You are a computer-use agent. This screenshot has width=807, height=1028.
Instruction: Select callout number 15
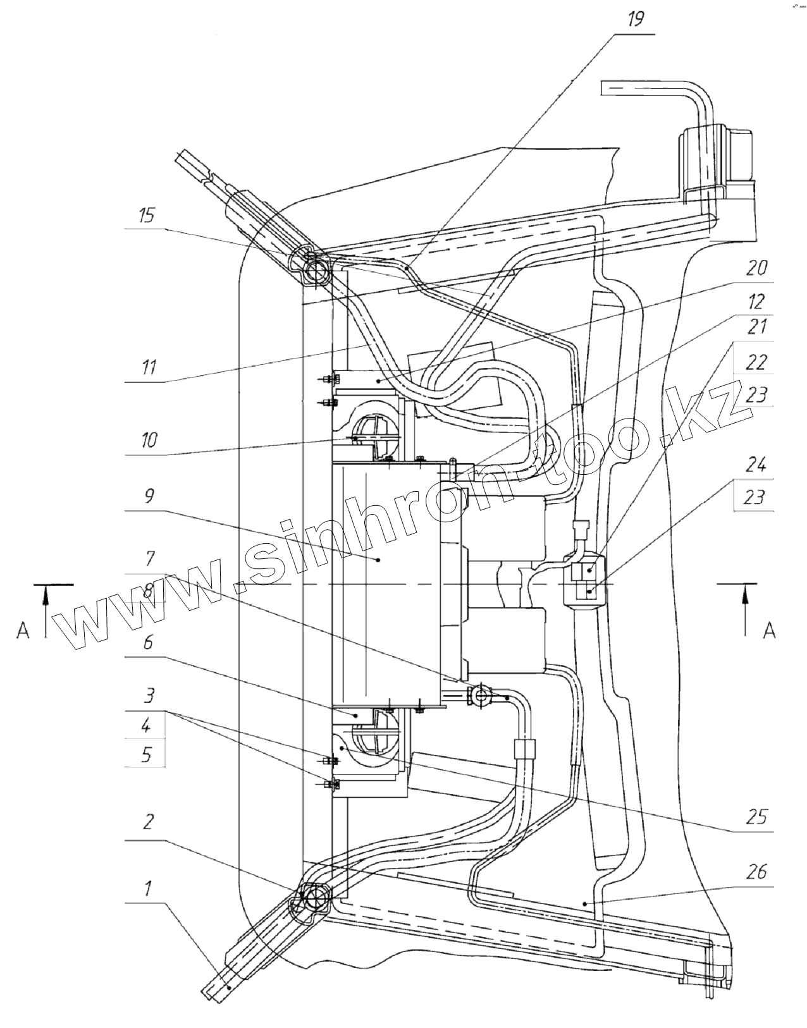146,216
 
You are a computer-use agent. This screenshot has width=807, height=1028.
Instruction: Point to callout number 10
149,439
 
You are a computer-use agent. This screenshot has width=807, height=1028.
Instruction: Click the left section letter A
23,630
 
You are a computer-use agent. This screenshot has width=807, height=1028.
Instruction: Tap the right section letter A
769,630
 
